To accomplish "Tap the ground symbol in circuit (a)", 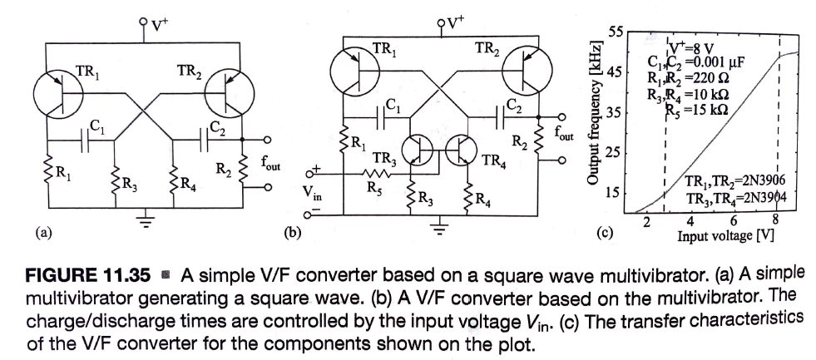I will coord(146,220).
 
